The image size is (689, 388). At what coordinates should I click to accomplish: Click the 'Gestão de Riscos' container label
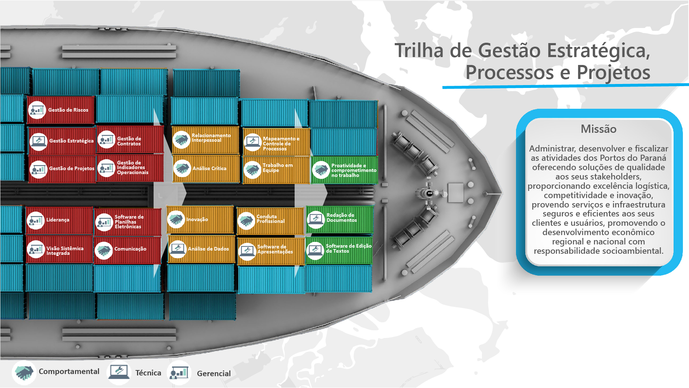pyautogui.click(x=68, y=110)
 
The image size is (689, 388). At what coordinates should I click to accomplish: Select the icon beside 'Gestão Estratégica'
pyautogui.click(x=38, y=141)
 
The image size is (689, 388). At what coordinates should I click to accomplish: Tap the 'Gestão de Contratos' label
pyautogui.click(x=129, y=141)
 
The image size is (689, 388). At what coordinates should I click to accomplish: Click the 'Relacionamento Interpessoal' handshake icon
pyautogui.click(x=181, y=139)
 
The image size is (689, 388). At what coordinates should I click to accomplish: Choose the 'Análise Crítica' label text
pyautogui.click(x=209, y=168)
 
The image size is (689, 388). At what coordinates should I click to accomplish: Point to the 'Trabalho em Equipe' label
pyautogui.click(x=277, y=168)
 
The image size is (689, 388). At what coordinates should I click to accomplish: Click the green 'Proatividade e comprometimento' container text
pyautogui.click(x=353, y=170)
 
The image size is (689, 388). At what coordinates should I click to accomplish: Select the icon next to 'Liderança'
pyautogui.click(x=36, y=220)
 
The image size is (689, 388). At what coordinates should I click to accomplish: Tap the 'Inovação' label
pyautogui.click(x=197, y=219)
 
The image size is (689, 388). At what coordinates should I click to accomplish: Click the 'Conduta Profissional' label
pyautogui.click(x=270, y=219)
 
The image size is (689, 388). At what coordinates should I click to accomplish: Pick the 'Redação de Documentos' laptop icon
pyautogui.click(x=316, y=219)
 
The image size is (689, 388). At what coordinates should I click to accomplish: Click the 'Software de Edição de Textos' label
pyautogui.click(x=348, y=248)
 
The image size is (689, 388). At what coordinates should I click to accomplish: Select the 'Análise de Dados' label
pyautogui.click(x=208, y=249)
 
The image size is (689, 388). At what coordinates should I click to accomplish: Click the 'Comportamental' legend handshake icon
pyautogui.click(x=24, y=373)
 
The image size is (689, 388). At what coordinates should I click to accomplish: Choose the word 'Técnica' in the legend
pyautogui.click(x=148, y=373)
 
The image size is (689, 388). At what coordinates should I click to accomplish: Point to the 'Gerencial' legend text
pyautogui.click(x=214, y=374)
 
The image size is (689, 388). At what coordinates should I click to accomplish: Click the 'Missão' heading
pyautogui.click(x=598, y=129)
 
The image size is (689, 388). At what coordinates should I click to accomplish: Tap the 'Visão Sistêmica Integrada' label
pyautogui.click(x=65, y=251)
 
